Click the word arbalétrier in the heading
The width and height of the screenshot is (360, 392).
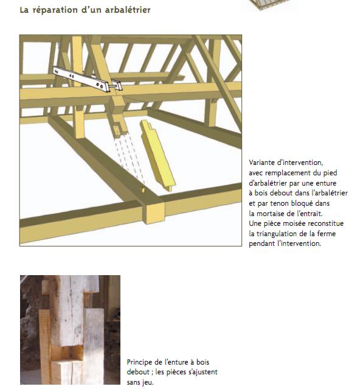pyautogui.click(x=128, y=10)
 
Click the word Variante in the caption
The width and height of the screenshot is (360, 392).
pyautogui.click(x=262, y=163)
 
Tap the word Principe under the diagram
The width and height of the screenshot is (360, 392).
pyautogui.click(x=140, y=362)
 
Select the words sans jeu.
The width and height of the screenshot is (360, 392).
pyautogui.click(x=140, y=382)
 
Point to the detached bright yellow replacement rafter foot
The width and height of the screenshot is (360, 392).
pyautogui.click(x=158, y=155)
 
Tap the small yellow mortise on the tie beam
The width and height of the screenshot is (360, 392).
pyautogui.click(x=143, y=190)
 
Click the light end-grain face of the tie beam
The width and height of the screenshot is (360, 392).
pyautogui.click(x=154, y=213)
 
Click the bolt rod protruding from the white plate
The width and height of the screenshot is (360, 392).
pyautogui.click(x=114, y=86)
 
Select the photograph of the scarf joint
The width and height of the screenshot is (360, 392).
pyautogui.click(x=70, y=330)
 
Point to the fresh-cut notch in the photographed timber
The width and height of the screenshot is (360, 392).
pyautogui.click(x=67, y=352)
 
